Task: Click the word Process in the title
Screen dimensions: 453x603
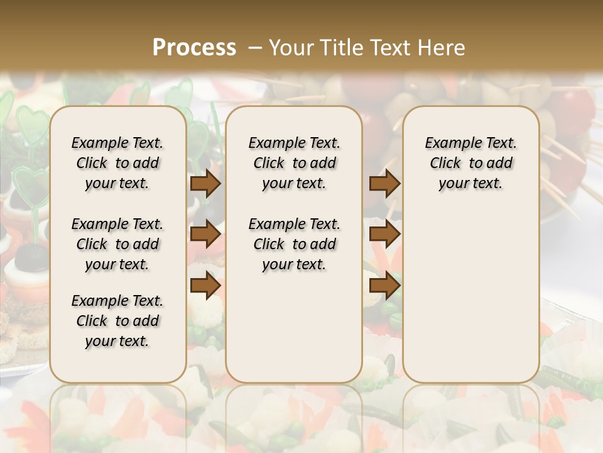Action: tap(194, 48)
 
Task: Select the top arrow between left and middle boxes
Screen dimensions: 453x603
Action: tap(205, 183)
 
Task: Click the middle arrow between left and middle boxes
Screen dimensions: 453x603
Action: tap(205, 234)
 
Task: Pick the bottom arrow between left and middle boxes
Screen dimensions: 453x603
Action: tap(205, 286)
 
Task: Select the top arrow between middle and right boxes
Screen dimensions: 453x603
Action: tap(384, 183)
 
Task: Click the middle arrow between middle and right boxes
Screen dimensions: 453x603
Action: tap(384, 234)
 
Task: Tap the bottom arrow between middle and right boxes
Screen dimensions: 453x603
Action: tap(384, 286)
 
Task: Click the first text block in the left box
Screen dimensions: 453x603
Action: tap(117, 163)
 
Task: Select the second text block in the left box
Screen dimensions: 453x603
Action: tap(117, 244)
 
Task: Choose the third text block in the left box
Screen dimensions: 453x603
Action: tap(117, 321)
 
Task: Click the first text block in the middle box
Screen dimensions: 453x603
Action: tap(294, 163)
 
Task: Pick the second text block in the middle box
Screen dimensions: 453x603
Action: tap(294, 244)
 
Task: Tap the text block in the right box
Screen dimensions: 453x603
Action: tap(470, 163)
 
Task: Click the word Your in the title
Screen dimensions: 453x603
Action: tap(291, 48)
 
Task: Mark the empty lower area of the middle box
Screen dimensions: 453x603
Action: tap(294, 327)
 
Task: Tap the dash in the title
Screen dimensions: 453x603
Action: tap(255, 48)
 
